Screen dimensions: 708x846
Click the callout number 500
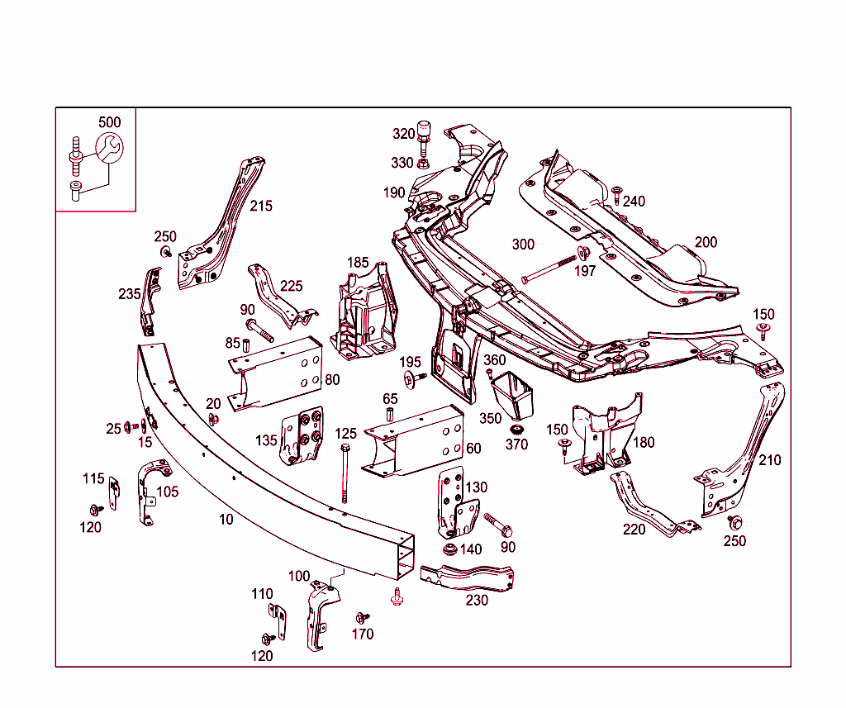point(109,122)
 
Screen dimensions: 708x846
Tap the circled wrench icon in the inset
point(108,150)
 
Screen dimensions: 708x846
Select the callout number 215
point(261,206)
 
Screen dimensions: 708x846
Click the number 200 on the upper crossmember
point(706,242)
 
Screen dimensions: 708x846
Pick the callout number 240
point(634,201)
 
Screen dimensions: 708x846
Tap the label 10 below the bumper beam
point(226,519)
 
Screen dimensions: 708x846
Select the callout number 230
point(477,600)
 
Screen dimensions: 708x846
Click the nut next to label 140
point(450,549)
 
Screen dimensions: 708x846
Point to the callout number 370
point(516,444)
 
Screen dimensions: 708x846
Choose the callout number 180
point(643,442)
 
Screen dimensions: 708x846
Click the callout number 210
point(769,459)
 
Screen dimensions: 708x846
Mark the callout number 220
point(634,529)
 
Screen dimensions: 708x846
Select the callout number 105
point(168,492)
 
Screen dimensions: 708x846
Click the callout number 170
point(363,634)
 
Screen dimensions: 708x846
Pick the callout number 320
point(403,134)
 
